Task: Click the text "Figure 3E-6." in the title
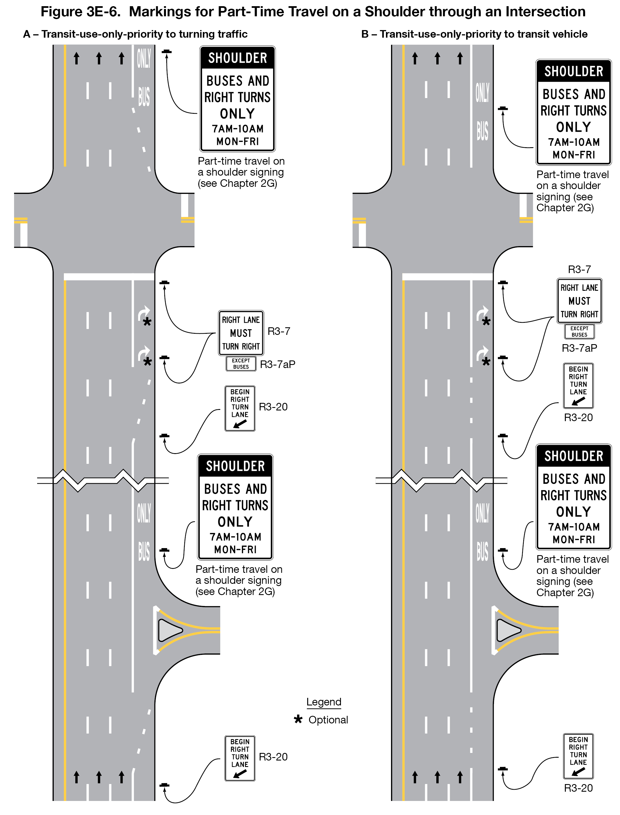[x=80, y=12]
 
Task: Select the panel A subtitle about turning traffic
[x=135, y=34]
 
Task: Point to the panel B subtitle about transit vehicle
[x=474, y=34]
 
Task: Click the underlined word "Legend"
[x=324, y=702]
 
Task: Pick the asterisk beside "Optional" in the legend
[x=298, y=719]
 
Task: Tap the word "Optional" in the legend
[x=328, y=720]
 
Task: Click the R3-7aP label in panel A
[x=278, y=365]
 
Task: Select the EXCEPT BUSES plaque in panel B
[x=579, y=332]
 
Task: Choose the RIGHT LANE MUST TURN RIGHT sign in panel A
[x=241, y=333]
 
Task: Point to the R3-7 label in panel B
[x=579, y=269]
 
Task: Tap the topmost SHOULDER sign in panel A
[x=237, y=99]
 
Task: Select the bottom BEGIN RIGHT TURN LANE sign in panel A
[x=240, y=759]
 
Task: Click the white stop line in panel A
[x=109, y=277]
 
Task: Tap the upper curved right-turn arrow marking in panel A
[x=143, y=314]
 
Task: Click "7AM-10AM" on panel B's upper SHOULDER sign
[x=574, y=142]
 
